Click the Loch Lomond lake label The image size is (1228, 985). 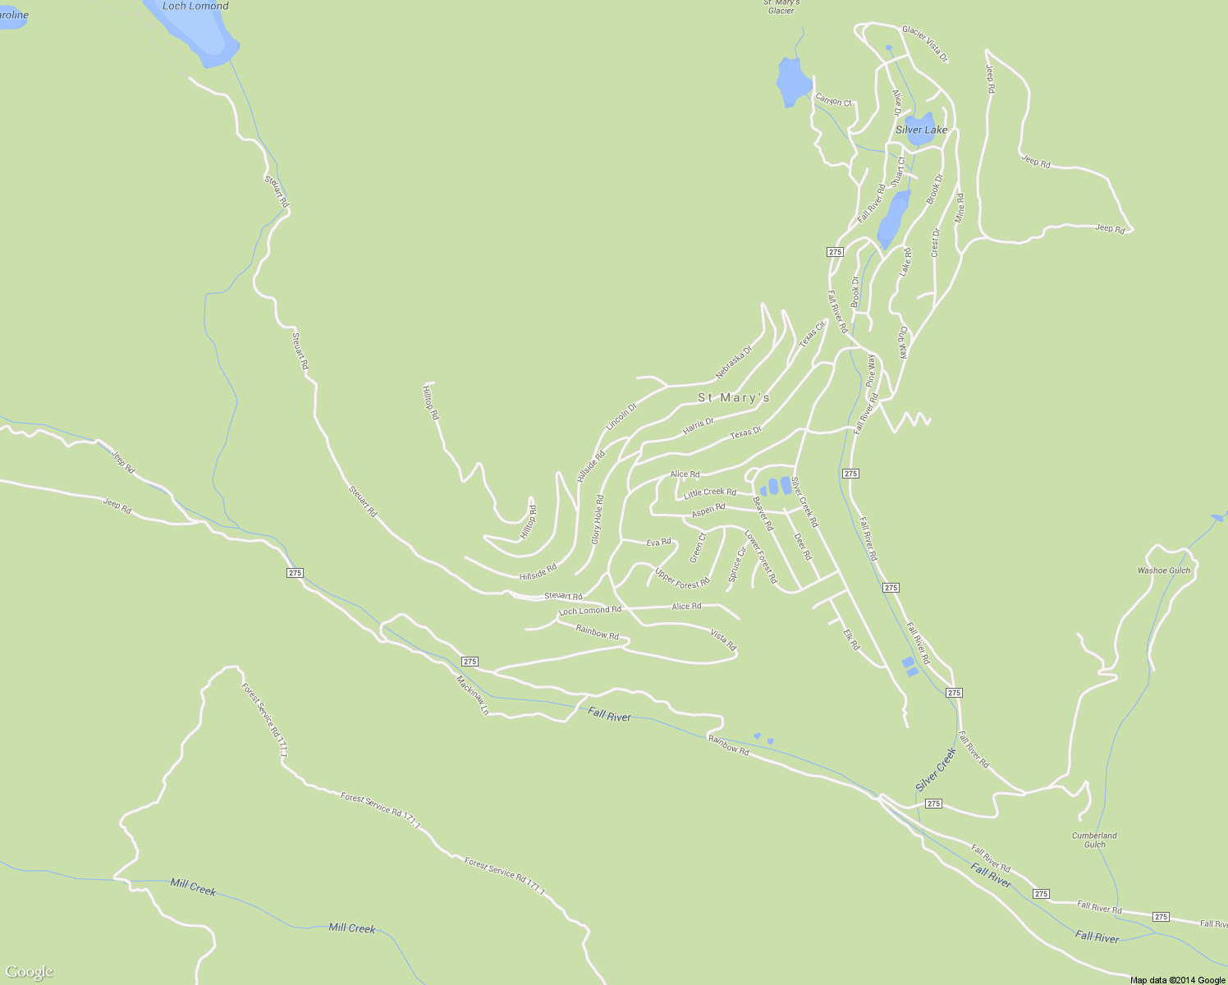tap(195, 7)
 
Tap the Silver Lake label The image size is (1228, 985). tap(921, 130)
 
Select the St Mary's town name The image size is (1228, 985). tap(734, 398)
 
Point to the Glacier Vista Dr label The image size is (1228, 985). tap(925, 44)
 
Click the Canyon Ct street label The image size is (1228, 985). tap(834, 101)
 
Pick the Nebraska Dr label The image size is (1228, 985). tap(733, 362)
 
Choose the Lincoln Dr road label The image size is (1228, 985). tap(621, 417)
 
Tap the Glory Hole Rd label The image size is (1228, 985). tap(598, 520)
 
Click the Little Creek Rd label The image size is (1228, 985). tap(710, 492)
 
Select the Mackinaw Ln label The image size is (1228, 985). tap(472, 694)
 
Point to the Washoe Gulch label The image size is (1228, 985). tap(1163, 570)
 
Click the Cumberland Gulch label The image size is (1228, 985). tap(1094, 840)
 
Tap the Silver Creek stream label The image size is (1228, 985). tap(936, 770)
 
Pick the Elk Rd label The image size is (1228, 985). tap(851, 639)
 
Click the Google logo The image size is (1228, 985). tap(30, 972)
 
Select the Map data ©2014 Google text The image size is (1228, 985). tap(1176, 980)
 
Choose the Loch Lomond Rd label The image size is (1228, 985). tap(589, 611)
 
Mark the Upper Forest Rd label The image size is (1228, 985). tap(682, 578)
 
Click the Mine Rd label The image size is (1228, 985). tap(960, 208)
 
